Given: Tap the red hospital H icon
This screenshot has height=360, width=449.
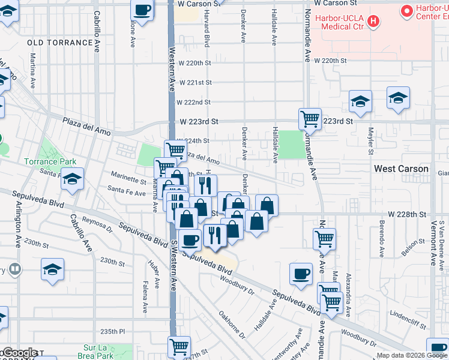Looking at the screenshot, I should pos(373,22).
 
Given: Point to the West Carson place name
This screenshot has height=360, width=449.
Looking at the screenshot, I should pos(401,169).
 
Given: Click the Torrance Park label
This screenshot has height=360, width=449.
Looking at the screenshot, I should pos(50,161).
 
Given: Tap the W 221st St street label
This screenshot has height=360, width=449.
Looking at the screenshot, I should pos(195,82).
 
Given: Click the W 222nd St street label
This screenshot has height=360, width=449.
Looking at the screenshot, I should pos(194,102).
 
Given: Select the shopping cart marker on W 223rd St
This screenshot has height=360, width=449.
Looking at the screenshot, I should pos(310,119).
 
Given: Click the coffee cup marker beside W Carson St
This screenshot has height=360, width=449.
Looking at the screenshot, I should pos(142,10).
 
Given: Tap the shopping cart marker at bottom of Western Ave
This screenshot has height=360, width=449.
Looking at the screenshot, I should pos(179,346).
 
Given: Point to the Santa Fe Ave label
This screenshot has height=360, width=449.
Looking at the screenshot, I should pos(127,193).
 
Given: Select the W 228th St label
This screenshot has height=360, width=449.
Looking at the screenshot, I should pos(406,214).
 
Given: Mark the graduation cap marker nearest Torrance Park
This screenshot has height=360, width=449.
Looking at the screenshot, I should pos(72,179).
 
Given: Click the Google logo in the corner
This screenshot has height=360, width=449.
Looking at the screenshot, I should pos(20,353).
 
